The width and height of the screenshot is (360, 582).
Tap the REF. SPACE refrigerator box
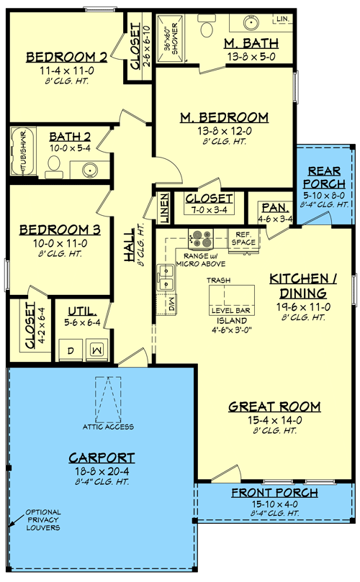[x=243, y=240]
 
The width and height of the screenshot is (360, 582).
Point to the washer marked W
[x=97, y=349]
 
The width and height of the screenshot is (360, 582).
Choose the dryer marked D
[x=71, y=349]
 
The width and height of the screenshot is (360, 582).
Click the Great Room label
[x=264, y=407]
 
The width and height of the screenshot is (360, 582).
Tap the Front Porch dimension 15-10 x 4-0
[x=266, y=505]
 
